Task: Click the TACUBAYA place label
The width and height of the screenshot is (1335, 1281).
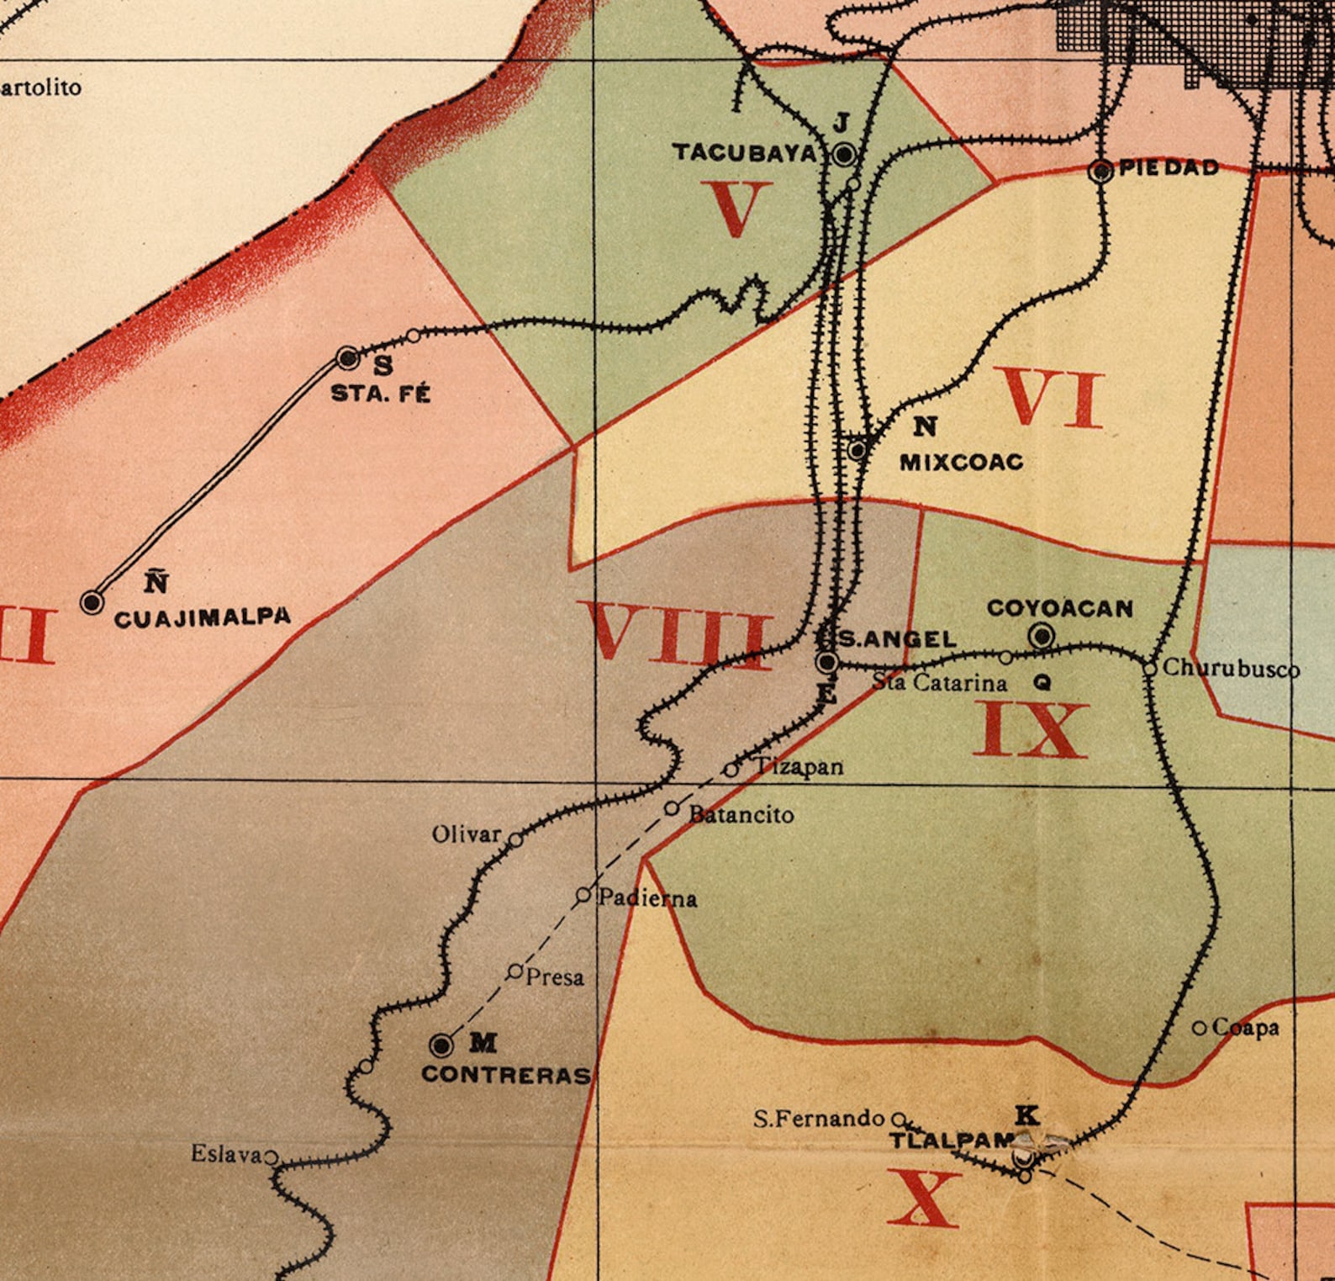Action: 744,152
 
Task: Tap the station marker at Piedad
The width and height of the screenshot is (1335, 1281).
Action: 1100,171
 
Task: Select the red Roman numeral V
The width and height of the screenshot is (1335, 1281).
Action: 736,209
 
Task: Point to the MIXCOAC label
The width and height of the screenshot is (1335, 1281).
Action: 961,462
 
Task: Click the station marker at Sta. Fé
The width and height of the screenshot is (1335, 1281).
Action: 348,357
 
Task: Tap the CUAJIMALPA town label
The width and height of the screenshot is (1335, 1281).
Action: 202,617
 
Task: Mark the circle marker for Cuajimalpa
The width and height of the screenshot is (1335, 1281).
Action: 92,602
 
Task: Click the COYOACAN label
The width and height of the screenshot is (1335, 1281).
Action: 1059,607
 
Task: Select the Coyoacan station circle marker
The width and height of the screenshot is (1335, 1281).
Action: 1042,636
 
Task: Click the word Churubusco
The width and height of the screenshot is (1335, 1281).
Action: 1231,669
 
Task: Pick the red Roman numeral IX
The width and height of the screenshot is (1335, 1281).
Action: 1031,730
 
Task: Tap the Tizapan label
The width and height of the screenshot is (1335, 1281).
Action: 797,766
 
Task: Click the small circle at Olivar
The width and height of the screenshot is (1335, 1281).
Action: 516,839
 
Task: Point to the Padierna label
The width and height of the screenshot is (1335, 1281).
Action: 647,898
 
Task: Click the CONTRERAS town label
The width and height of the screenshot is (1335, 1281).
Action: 506,1075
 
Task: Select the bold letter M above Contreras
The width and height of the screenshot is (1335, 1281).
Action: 483,1043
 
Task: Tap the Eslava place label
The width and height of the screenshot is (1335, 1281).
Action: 226,1154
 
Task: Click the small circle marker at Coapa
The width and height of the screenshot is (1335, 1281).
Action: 1200,1028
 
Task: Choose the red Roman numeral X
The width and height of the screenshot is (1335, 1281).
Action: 923,1198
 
